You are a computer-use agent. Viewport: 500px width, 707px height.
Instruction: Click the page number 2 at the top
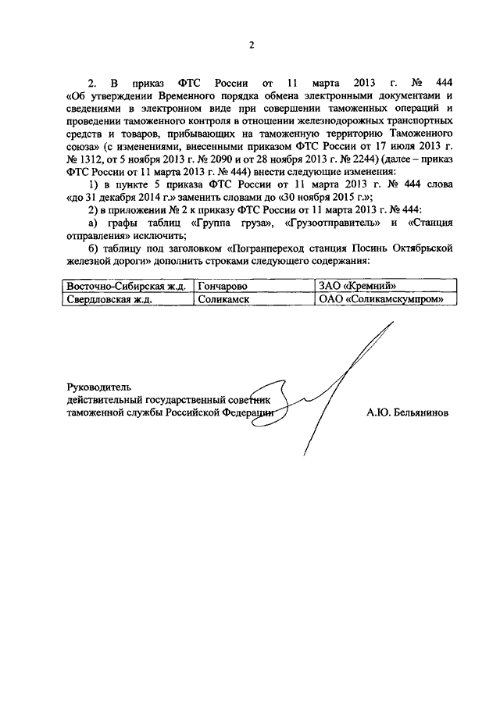252,45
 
